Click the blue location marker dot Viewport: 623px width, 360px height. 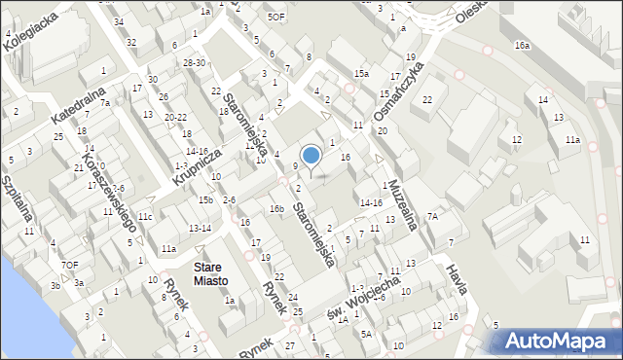tap(311, 155)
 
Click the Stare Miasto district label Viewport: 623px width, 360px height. tap(210, 273)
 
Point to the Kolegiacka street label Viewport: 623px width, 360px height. tap(27, 26)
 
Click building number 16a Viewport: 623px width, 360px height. tap(523, 46)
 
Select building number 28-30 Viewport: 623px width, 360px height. tap(194, 62)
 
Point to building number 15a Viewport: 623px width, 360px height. tap(361, 74)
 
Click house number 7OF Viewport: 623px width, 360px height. tap(69, 265)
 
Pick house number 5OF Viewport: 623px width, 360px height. tap(276, 17)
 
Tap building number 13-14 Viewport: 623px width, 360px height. tap(200, 228)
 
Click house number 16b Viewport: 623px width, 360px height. tap(276, 208)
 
